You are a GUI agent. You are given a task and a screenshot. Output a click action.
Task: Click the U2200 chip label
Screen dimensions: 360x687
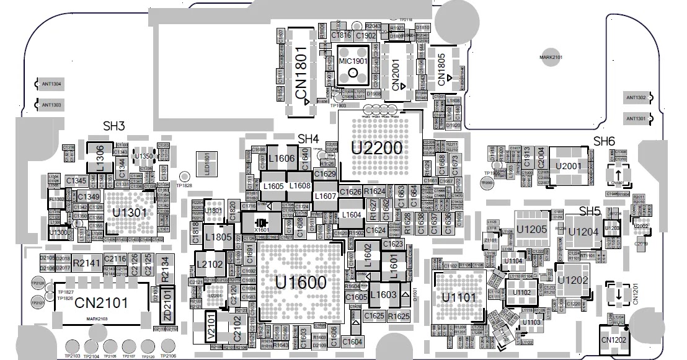[x=377, y=147]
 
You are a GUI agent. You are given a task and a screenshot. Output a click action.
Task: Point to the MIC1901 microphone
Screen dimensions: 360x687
[x=353, y=68]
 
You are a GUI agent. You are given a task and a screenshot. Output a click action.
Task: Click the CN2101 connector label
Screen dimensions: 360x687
[x=101, y=303]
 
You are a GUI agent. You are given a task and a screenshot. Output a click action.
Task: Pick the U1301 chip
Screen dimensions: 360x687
[x=129, y=212]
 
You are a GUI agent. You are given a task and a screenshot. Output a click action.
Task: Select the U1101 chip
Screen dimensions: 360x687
[x=459, y=297]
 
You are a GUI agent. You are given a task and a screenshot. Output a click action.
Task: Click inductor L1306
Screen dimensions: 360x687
[x=100, y=159]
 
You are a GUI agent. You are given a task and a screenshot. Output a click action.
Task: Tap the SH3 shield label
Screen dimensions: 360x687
[x=114, y=126]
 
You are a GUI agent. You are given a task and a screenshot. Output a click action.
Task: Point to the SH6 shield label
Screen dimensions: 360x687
[x=603, y=141]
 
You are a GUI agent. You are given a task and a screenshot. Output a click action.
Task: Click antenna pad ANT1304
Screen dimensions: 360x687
[x=51, y=84]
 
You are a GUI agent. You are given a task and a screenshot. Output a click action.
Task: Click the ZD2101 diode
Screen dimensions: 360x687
[x=167, y=306]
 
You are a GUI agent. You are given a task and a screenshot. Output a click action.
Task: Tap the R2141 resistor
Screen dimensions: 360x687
[x=86, y=263]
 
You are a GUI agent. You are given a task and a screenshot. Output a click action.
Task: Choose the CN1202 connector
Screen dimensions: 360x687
[x=613, y=340]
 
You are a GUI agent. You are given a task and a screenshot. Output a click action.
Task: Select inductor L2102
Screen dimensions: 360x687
[x=210, y=265]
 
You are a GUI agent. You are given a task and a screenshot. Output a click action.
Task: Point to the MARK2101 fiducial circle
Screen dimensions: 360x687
[x=551, y=57]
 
